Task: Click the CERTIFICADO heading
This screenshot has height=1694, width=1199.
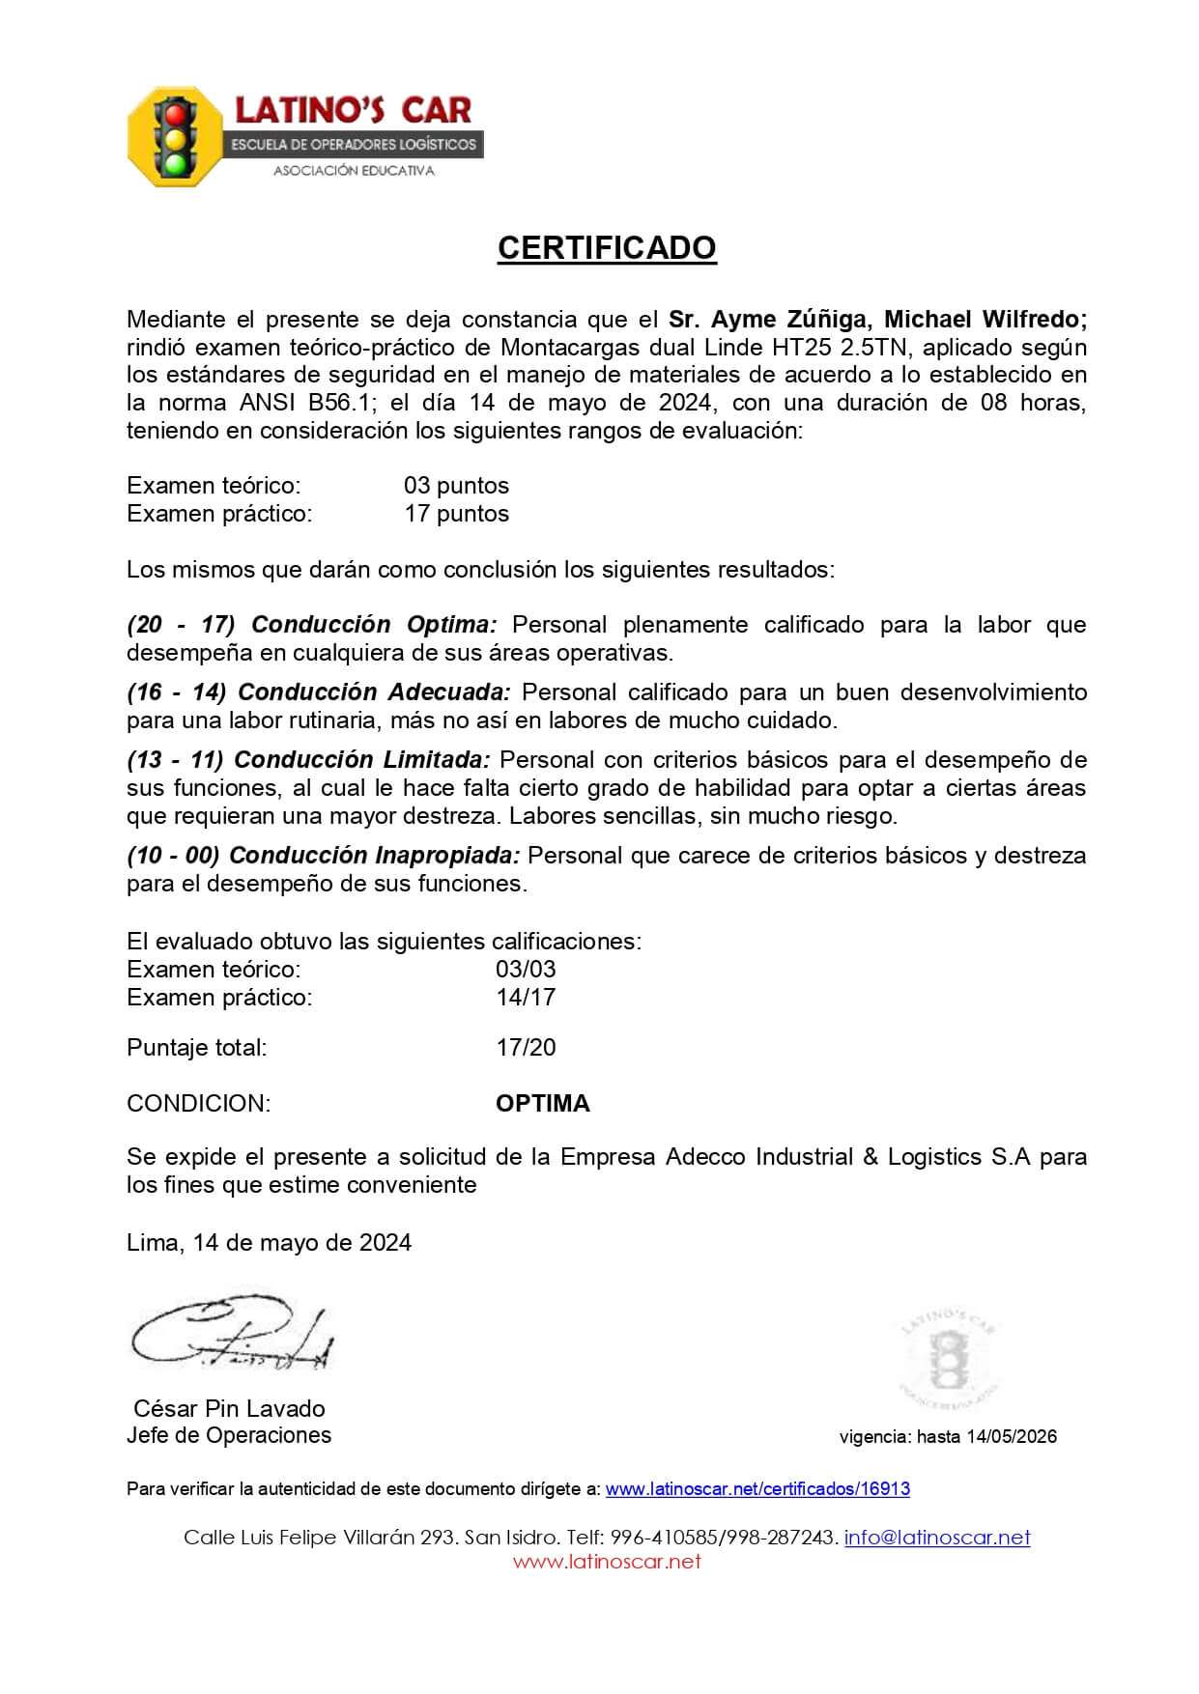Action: (607, 248)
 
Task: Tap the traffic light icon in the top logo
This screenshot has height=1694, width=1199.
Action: (176, 137)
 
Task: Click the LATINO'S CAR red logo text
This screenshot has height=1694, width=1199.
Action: (353, 110)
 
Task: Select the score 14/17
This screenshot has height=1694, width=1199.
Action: (526, 998)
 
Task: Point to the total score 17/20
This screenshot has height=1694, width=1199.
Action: (526, 1048)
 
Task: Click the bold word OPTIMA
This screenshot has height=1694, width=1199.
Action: (542, 1104)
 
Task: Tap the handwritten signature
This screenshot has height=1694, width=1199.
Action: (232, 1335)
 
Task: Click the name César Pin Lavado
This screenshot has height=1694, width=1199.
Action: (229, 1408)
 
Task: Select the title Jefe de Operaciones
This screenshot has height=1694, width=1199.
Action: (229, 1435)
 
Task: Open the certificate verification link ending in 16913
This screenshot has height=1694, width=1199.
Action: (757, 1489)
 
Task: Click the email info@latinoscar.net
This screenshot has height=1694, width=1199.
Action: (937, 1538)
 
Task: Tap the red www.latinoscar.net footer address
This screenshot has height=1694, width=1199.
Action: (607, 1562)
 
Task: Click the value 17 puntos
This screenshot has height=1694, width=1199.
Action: (456, 514)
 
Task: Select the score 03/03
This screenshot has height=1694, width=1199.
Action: (526, 970)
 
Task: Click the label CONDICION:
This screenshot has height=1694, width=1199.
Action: (199, 1104)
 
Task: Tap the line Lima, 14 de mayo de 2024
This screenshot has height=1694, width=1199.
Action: (269, 1243)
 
